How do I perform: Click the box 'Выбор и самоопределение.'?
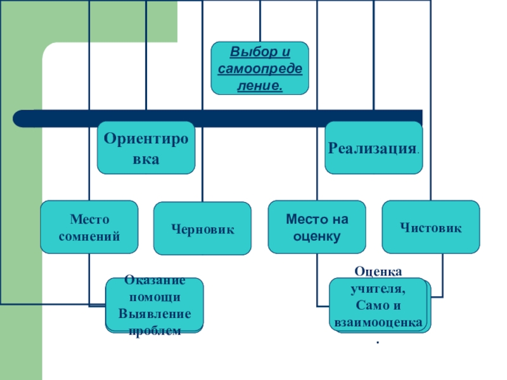(x=260, y=68)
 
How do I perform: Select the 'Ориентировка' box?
(x=146, y=148)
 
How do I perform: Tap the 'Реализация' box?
(x=373, y=148)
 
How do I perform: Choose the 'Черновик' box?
(x=202, y=229)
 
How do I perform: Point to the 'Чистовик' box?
(x=430, y=227)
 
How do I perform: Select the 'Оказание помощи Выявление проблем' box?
(x=155, y=305)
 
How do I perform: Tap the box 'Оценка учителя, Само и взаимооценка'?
(x=378, y=305)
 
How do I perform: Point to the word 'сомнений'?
(x=89, y=236)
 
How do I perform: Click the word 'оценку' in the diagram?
(x=317, y=237)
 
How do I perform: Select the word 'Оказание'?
(x=155, y=280)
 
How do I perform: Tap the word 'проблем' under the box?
(x=155, y=331)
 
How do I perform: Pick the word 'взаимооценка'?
(x=378, y=323)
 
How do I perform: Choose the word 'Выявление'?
(x=155, y=314)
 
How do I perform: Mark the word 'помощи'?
(x=155, y=297)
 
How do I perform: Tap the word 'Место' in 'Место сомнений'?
(x=89, y=220)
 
